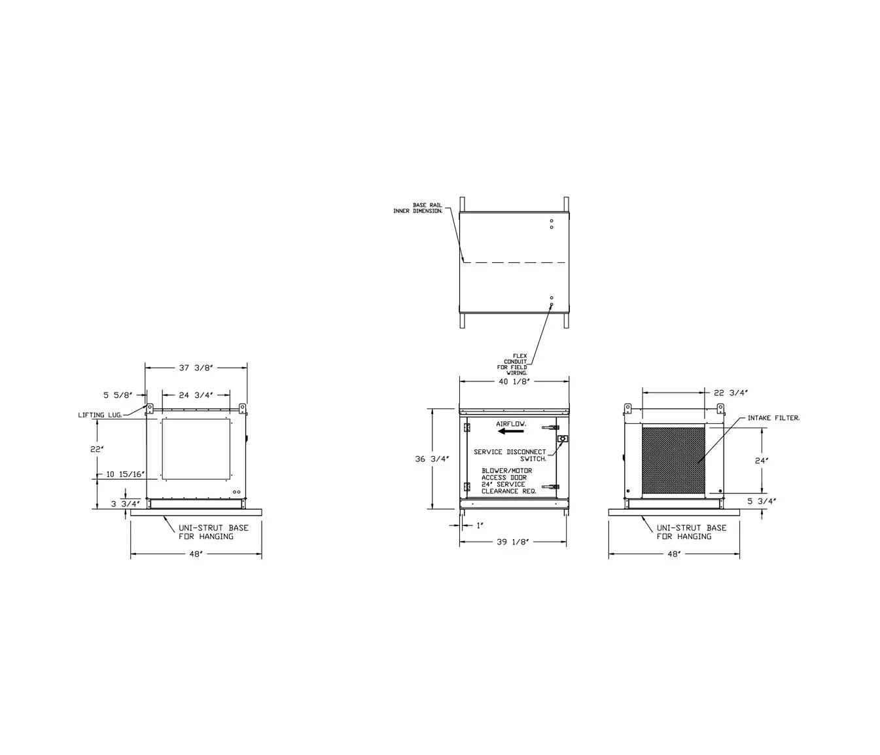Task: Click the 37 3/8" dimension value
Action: [x=196, y=368]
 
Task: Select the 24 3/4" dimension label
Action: [x=196, y=395]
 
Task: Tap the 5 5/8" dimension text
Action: [x=119, y=395]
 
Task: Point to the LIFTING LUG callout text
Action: [x=101, y=415]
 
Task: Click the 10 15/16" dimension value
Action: [x=126, y=474]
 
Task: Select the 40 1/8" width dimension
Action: [x=514, y=381]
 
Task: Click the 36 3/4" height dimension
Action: [x=432, y=459]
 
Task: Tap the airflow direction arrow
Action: [x=511, y=431]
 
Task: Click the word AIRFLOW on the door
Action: [x=511, y=424]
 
